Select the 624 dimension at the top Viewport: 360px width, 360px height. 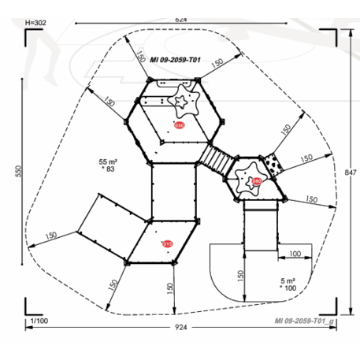tap(181, 18)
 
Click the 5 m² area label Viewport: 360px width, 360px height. tap(288, 281)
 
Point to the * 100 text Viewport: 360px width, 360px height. tap(290, 290)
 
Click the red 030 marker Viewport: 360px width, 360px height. tap(180, 126)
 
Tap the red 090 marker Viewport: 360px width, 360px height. tap(257, 182)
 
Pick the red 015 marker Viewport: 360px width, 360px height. tap(167, 244)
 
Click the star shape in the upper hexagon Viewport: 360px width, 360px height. tap(185, 102)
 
